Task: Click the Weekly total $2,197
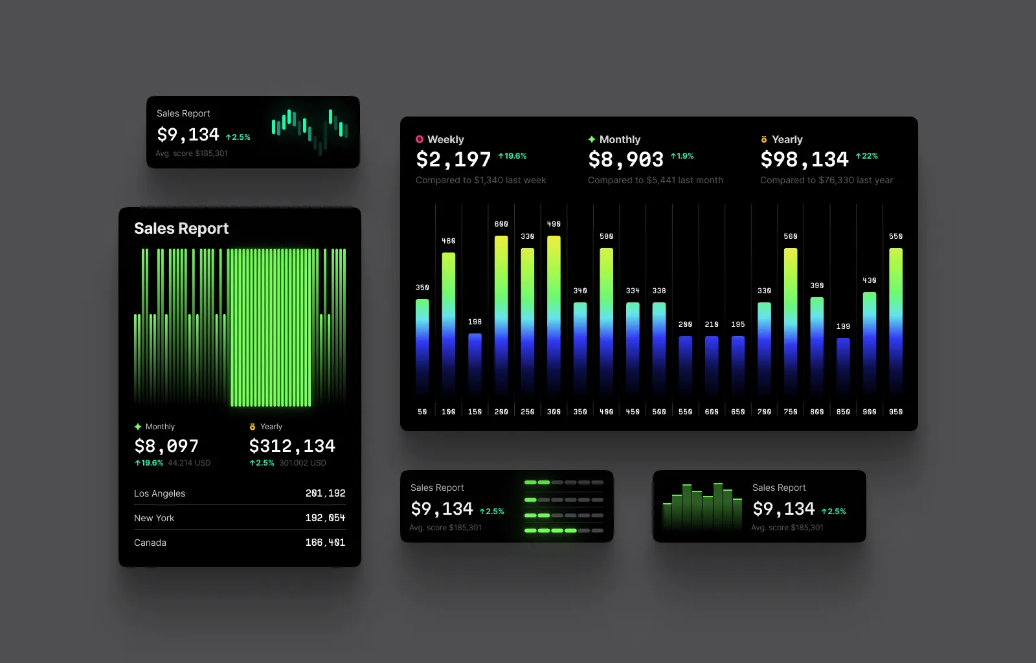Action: click(x=453, y=159)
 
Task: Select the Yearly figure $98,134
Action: click(x=804, y=159)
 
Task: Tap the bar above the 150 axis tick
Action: click(x=475, y=363)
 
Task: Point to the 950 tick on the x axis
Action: click(x=895, y=412)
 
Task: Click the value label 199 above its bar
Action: click(x=843, y=326)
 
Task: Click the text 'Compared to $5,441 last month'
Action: click(x=655, y=180)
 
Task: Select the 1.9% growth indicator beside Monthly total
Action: click(x=682, y=156)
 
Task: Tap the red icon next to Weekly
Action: click(x=420, y=139)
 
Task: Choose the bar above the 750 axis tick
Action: click(x=791, y=320)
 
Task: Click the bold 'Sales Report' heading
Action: click(x=181, y=229)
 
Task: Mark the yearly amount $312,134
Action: click(x=292, y=446)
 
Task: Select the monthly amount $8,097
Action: click(x=166, y=446)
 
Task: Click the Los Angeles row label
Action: click(x=159, y=493)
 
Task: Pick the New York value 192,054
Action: click(x=325, y=518)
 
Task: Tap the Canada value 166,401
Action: click(x=325, y=543)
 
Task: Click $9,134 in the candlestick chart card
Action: click(x=188, y=135)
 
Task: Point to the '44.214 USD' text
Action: click(x=189, y=463)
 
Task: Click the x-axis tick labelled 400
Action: click(x=606, y=412)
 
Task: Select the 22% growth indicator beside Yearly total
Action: click(x=867, y=156)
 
